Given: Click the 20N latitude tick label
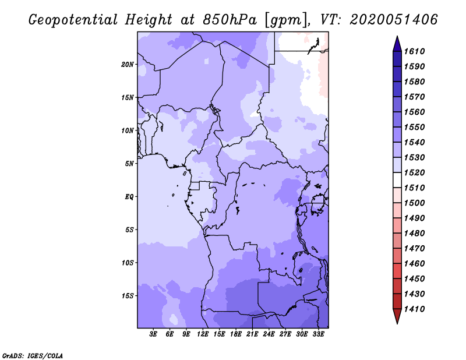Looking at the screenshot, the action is click(128, 65).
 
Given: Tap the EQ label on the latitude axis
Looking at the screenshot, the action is click(129, 197).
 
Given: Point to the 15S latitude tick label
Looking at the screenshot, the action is click(128, 296).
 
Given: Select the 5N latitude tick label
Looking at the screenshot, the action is click(129, 164).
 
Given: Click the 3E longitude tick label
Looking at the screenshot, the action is click(153, 334).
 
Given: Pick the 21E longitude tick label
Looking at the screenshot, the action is click(252, 334).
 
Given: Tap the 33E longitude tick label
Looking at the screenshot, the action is click(318, 334).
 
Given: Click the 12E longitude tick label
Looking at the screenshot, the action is click(203, 334).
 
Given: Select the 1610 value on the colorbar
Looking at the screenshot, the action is click(414, 51).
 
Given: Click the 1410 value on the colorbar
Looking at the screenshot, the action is click(414, 309).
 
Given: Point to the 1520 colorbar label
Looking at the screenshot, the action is click(414, 172).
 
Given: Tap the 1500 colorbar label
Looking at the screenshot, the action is click(414, 203).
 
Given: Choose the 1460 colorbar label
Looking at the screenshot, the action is click(414, 264).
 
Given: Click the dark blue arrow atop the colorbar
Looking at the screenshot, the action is click(397, 45).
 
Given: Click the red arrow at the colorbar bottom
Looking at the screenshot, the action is click(397, 316).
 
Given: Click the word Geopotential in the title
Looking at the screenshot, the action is click(73, 20).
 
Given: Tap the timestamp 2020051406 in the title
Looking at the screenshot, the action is click(394, 20).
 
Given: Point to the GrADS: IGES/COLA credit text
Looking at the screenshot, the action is click(33, 356).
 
